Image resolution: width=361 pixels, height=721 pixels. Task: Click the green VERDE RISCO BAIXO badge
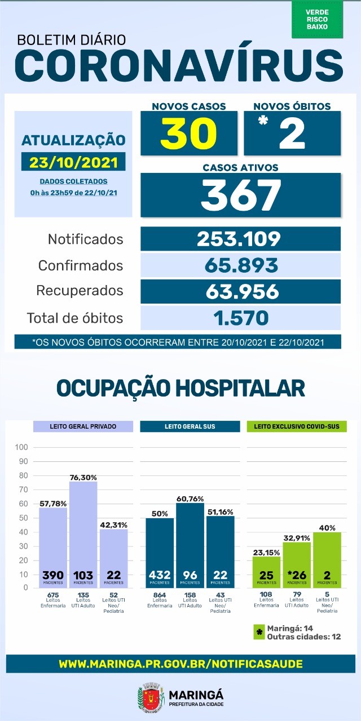tap(317, 20)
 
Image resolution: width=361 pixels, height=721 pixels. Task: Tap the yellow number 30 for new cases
tap(188, 133)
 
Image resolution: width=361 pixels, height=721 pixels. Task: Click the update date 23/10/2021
tap(74, 162)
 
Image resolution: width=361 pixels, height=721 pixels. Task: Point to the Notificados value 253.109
tap(240, 239)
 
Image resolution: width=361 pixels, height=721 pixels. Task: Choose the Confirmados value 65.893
tap(240, 265)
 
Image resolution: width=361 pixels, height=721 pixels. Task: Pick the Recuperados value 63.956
tap(240, 291)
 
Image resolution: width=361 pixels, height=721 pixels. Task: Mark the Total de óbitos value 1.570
tap(240, 318)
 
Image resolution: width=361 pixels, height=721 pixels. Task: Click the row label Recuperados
tap(80, 291)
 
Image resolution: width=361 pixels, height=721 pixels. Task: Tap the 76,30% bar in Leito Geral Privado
tap(83, 535)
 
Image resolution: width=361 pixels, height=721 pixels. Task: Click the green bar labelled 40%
tap(327, 560)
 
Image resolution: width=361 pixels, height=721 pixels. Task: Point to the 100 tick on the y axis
tap(22, 447)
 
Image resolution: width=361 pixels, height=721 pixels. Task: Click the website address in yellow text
tap(180, 664)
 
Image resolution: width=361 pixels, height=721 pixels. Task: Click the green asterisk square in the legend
tap(259, 633)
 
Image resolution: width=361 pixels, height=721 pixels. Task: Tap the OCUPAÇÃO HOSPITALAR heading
tap(180, 388)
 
